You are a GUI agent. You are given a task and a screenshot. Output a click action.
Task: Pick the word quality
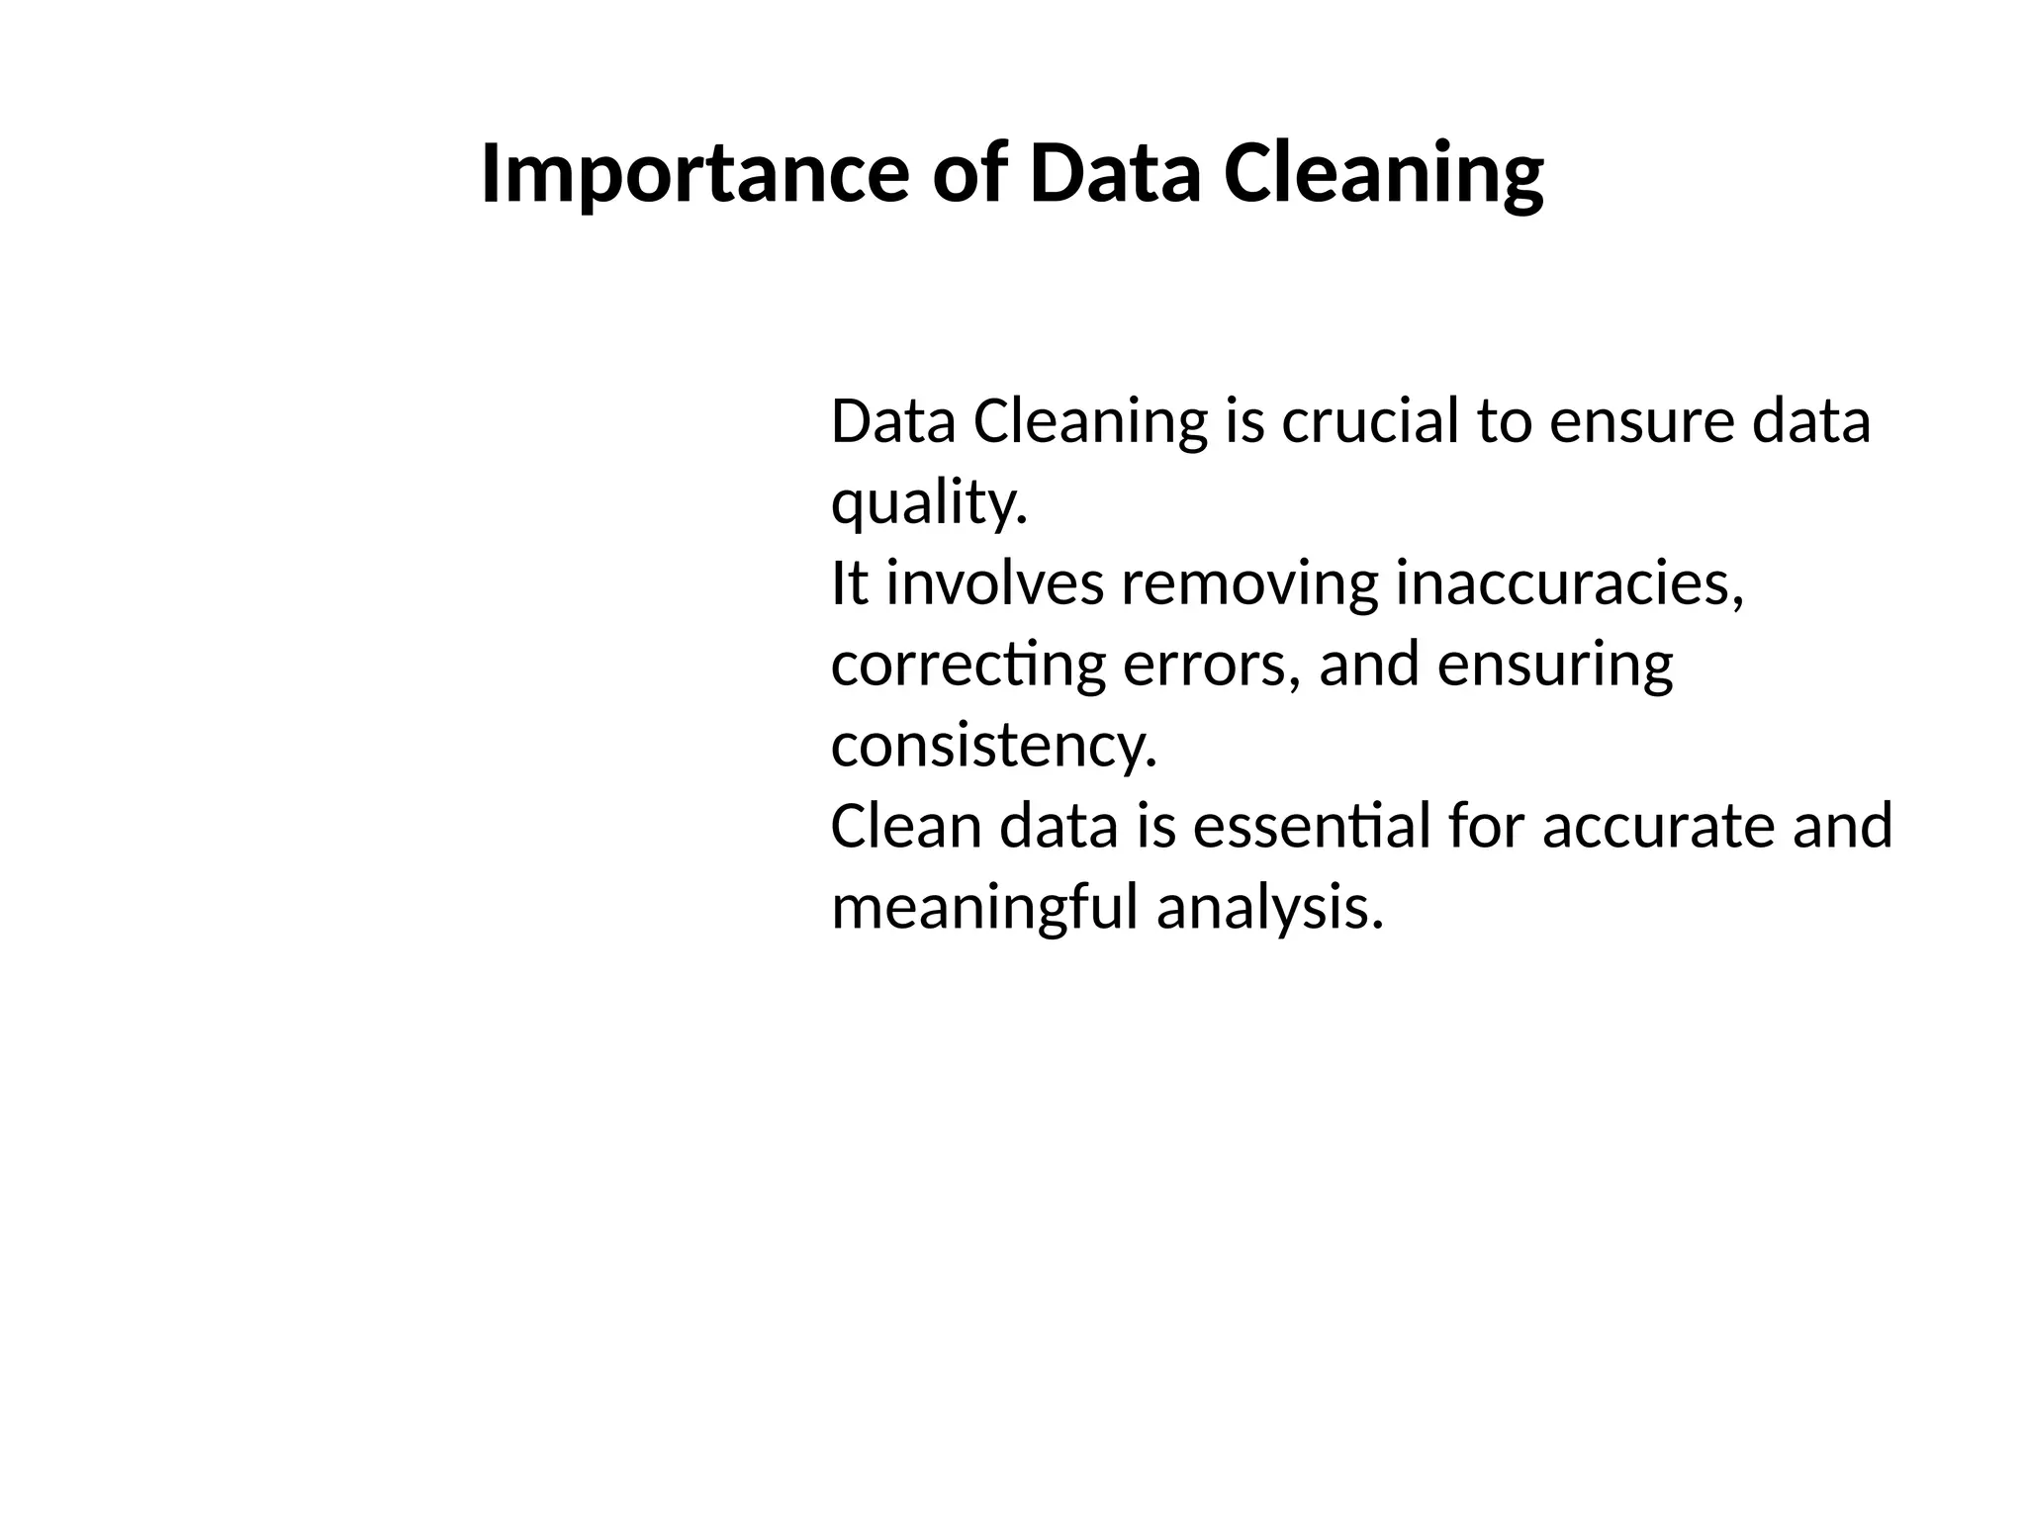[x=929, y=502]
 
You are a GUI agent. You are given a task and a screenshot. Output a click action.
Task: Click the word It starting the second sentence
[x=849, y=582]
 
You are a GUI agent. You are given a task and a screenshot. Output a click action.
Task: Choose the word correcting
[x=968, y=664]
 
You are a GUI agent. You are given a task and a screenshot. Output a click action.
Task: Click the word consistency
[x=993, y=745]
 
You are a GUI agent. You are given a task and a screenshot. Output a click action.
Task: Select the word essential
[x=1312, y=826]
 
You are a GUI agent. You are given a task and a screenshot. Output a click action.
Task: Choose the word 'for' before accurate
[x=1485, y=826]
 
